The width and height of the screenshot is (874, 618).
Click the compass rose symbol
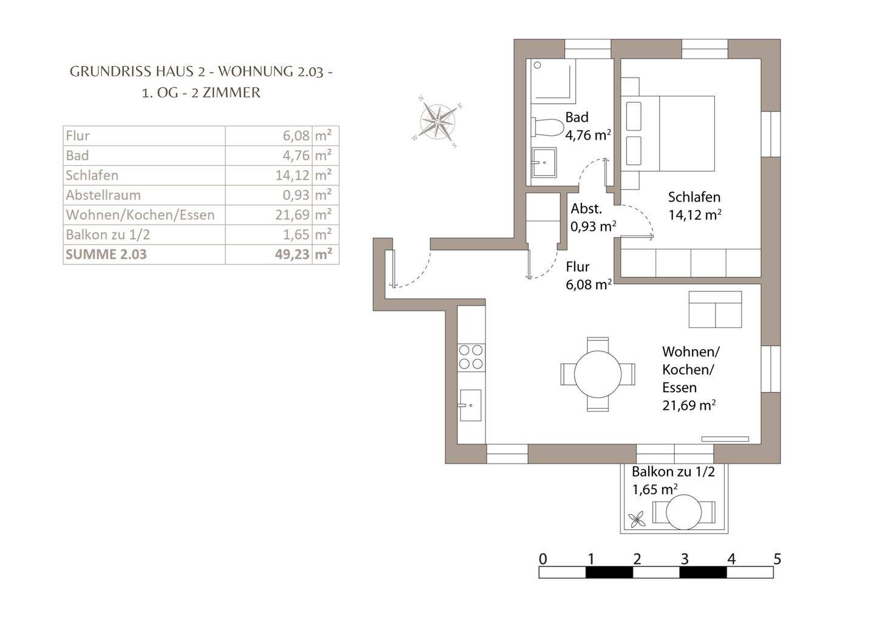pyautogui.click(x=438, y=122)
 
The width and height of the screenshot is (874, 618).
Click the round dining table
pyautogui.click(x=598, y=374)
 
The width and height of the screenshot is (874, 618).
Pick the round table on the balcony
pyautogui.click(x=683, y=512)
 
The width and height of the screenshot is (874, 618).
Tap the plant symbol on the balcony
pyautogui.click(x=636, y=519)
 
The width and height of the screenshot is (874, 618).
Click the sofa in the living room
pyautogui.click(x=715, y=310)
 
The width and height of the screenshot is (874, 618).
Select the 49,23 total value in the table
pyautogui.click(x=293, y=254)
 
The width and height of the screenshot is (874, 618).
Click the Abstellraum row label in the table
pyautogui.click(x=103, y=195)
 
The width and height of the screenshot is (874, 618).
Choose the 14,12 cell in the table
pyautogui.click(x=293, y=175)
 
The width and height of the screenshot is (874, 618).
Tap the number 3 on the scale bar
pyautogui.click(x=685, y=559)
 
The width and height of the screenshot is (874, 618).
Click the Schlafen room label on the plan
pyautogui.click(x=694, y=197)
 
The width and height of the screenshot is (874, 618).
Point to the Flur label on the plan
pyautogui.click(x=577, y=267)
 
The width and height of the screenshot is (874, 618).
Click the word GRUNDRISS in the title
pyautogui.click(x=110, y=72)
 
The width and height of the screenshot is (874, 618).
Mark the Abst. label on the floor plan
pyautogui.click(x=586, y=209)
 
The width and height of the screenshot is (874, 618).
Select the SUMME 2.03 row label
pyautogui.click(x=106, y=254)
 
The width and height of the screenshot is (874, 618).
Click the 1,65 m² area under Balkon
pyautogui.click(x=655, y=489)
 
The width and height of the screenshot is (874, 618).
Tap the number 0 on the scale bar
pyautogui.click(x=543, y=559)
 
